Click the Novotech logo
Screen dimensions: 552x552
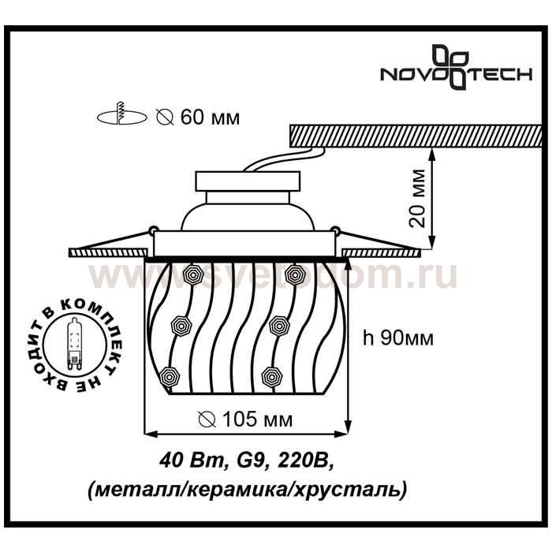click(457, 67)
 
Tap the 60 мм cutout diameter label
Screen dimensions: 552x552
click(199, 117)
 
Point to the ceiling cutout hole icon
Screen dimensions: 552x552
click(121, 114)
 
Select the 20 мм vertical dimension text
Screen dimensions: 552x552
click(417, 199)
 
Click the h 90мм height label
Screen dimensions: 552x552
click(398, 338)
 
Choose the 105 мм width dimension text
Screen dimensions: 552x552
click(245, 420)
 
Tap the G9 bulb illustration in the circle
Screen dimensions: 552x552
click(75, 344)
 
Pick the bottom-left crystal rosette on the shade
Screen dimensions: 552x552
click(170, 377)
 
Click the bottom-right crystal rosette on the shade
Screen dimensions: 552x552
click(272, 377)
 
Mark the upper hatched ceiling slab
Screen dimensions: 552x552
click(416, 136)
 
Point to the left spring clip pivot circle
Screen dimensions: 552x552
click(152, 230)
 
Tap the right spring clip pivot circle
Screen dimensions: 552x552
click(337, 230)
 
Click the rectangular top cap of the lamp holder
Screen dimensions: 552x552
click(248, 181)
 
